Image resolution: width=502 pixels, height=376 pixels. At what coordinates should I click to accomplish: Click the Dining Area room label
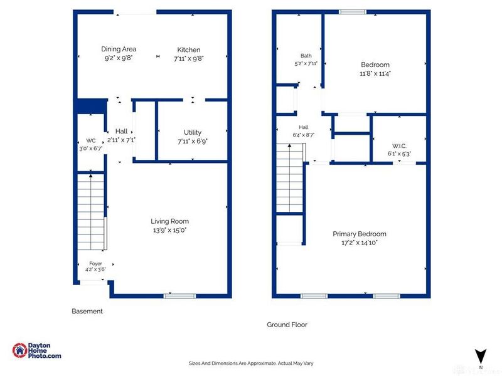pyautogui.click(x=119, y=49)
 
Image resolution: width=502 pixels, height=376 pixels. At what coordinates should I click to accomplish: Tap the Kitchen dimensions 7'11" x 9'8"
pyautogui.click(x=189, y=58)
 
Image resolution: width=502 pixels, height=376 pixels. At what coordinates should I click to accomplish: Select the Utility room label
pyautogui.click(x=193, y=132)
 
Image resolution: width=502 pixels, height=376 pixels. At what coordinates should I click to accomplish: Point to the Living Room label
pyautogui.click(x=169, y=221)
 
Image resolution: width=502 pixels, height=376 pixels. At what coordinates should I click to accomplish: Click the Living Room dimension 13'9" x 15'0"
pyautogui.click(x=169, y=230)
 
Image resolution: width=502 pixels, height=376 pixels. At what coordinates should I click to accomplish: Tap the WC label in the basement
pyautogui.click(x=90, y=140)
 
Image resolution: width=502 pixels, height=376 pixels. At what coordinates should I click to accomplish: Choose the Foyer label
pyautogui.click(x=95, y=263)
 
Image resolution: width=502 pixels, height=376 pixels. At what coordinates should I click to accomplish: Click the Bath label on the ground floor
pyautogui.click(x=306, y=56)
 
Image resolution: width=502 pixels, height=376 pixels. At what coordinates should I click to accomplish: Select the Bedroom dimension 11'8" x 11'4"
pyautogui.click(x=375, y=73)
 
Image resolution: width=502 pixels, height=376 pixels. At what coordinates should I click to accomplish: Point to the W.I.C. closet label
pyautogui.click(x=399, y=146)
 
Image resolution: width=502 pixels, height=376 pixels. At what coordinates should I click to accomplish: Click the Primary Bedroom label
pyautogui.click(x=359, y=234)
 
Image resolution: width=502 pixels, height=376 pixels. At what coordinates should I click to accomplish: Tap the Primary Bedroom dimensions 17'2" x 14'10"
pyautogui.click(x=359, y=243)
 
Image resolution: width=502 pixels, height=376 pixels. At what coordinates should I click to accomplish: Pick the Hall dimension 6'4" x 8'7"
pyautogui.click(x=304, y=135)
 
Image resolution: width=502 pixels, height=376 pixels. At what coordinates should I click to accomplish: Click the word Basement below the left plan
pyautogui.click(x=87, y=311)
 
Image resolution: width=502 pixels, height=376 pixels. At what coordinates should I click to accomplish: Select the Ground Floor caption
pyautogui.click(x=287, y=325)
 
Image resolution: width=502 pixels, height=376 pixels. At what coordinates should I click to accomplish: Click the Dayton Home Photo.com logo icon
pyautogui.click(x=19, y=350)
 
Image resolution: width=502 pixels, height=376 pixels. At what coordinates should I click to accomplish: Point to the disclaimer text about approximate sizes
pyautogui.click(x=251, y=363)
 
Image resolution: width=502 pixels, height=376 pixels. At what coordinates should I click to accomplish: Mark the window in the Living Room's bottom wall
pyautogui.click(x=179, y=296)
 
